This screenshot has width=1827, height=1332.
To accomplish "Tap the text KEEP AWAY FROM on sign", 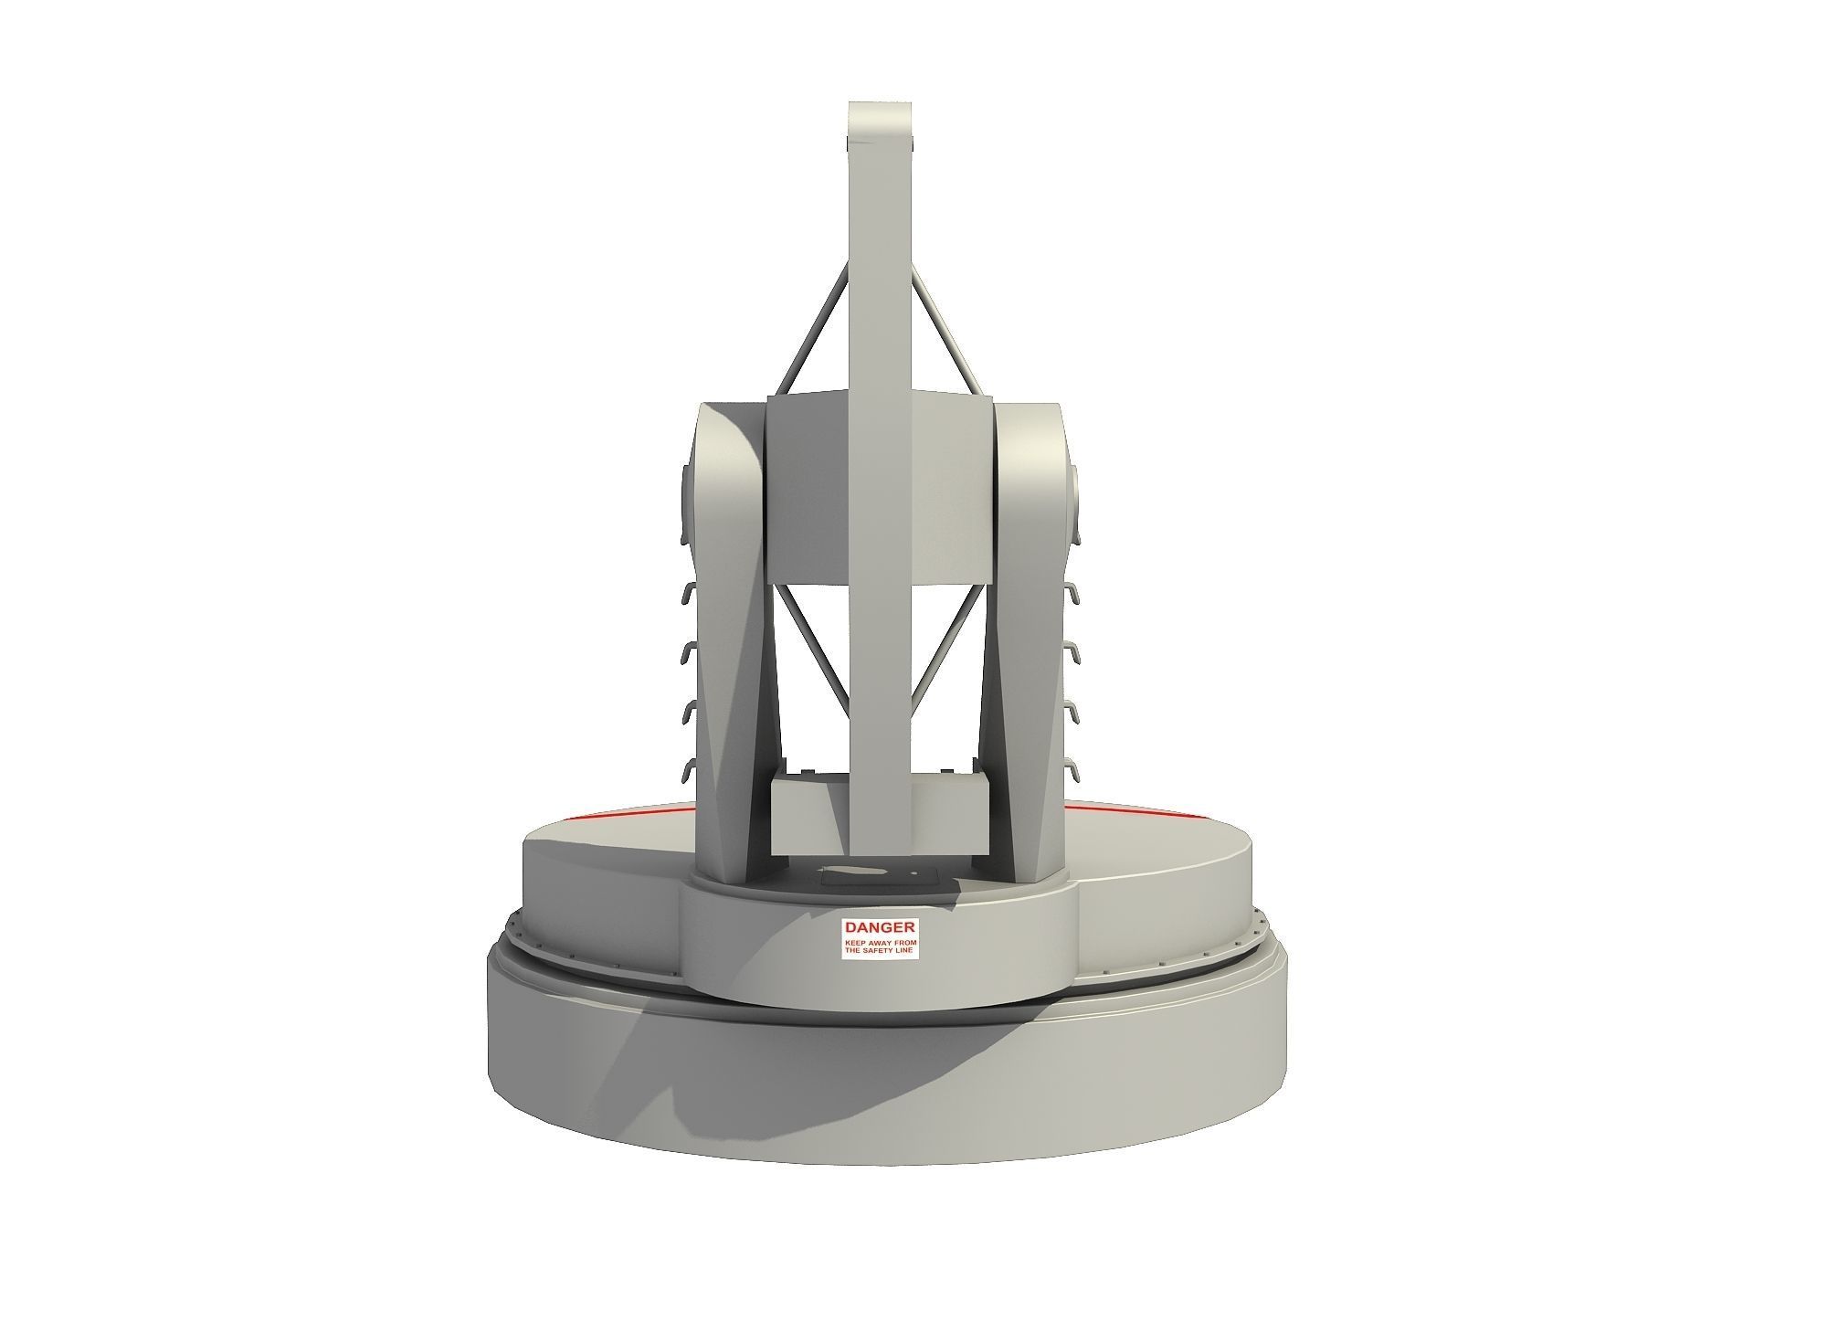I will click(881, 941).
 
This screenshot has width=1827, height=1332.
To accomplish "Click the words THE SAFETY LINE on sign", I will click(881, 951).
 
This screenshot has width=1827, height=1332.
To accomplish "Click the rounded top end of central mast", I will click(881, 119).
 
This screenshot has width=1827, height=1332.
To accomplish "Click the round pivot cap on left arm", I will click(686, 502).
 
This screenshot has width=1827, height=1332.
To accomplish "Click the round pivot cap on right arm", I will click(1077, 502).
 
